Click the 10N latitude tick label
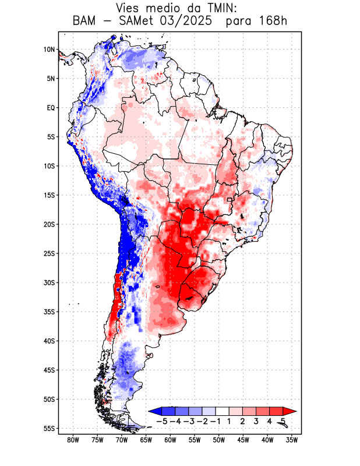49,50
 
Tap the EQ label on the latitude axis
51,108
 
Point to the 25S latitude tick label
49,253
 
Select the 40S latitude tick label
49,341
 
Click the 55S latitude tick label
49,428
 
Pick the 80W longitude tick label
73,440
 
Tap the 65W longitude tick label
146,440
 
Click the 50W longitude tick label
218,440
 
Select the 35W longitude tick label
291,440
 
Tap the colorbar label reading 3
256,421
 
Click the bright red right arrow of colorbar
290,411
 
